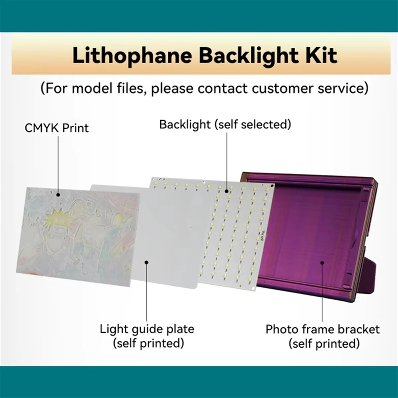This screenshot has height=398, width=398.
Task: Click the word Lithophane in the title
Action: [x=132, y=55]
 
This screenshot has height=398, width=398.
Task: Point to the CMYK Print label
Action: [x=57, y=128]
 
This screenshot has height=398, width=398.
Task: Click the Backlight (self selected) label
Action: [x=225, y=124]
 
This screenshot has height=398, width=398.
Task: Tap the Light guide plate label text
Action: [x=147, y=329]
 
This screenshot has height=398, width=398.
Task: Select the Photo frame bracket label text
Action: [x=322, y=329]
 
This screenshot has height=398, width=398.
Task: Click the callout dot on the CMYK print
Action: [x=58, y=195]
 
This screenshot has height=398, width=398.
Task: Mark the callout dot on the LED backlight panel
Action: [x=227, y=191]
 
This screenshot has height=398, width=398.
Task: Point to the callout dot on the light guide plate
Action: [x=146, y=262]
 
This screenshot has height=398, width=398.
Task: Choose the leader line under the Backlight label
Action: [x=227, y=159]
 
